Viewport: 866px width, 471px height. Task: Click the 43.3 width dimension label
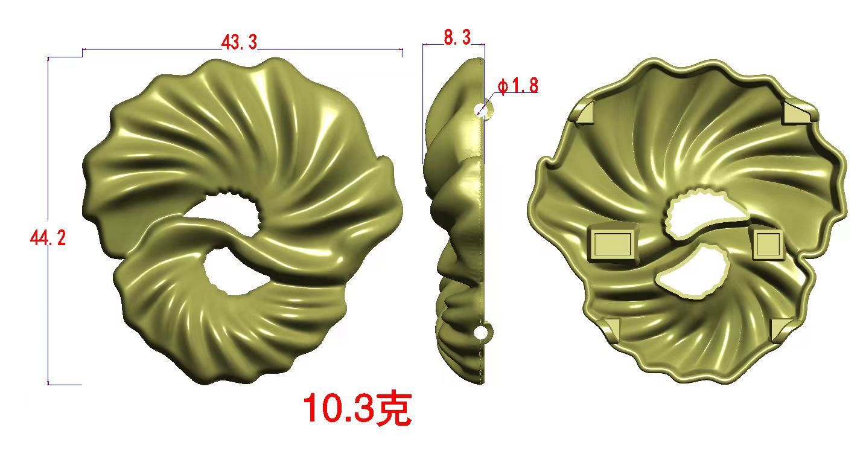tap(239, 42)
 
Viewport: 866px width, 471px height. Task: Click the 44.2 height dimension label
tap(48, 237)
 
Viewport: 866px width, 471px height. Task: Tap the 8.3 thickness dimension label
tap(457, 37)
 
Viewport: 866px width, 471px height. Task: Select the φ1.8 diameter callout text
tap(518, 86)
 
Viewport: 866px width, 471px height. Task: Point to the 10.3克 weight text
tap(357, 408)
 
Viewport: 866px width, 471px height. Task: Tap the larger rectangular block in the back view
tap(613, 243)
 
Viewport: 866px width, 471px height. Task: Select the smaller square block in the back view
tap(768, 243)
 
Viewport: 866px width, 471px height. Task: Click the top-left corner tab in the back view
tap(583, 112)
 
